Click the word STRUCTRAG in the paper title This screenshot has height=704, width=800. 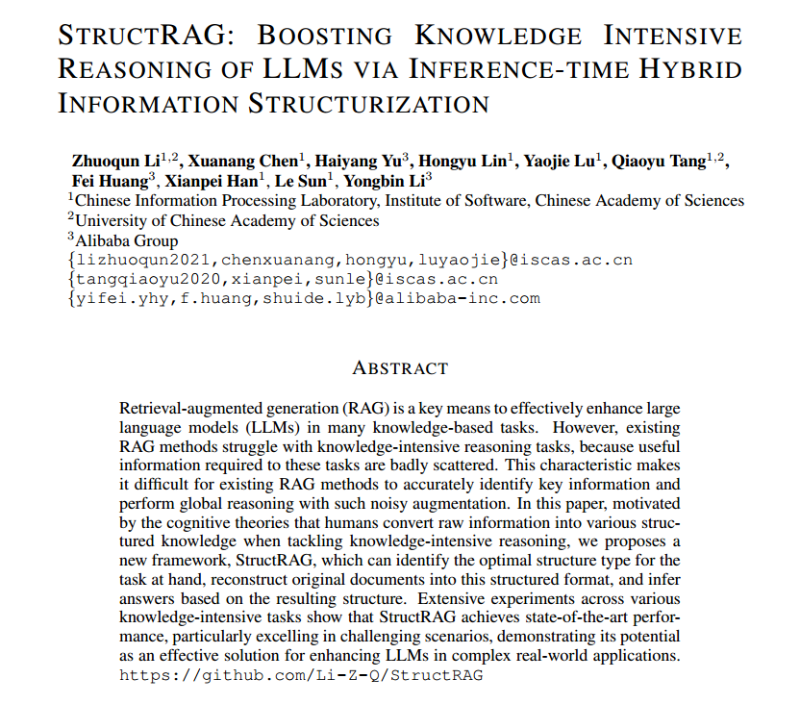146,36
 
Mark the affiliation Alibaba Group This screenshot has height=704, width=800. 126,240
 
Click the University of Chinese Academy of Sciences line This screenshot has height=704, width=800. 228,220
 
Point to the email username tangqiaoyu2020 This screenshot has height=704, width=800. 153,279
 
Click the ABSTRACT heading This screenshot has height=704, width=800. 400,368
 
